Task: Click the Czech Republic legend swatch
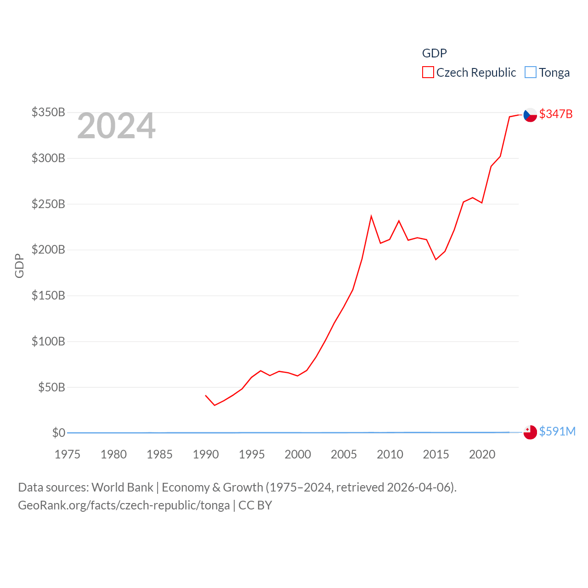(428, 73)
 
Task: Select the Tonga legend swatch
(531, 73)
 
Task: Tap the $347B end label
(556, 114)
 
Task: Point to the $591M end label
(557, 431)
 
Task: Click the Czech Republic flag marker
(530, 114)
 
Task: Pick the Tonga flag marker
(530, 432)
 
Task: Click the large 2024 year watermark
(116, 126)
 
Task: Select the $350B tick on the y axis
(48, 112)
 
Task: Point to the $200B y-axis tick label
(48, 249)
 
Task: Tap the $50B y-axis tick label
(51, 387)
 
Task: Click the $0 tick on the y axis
(58, 433)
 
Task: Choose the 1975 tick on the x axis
(68, 454)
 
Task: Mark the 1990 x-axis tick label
(206, 454)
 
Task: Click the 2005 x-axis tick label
(344, 454)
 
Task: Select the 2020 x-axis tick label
(482, 454)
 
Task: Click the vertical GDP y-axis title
(19, 266)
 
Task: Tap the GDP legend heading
(434, 53)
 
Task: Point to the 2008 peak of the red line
(371, 216)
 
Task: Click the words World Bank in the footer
(123, 487)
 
